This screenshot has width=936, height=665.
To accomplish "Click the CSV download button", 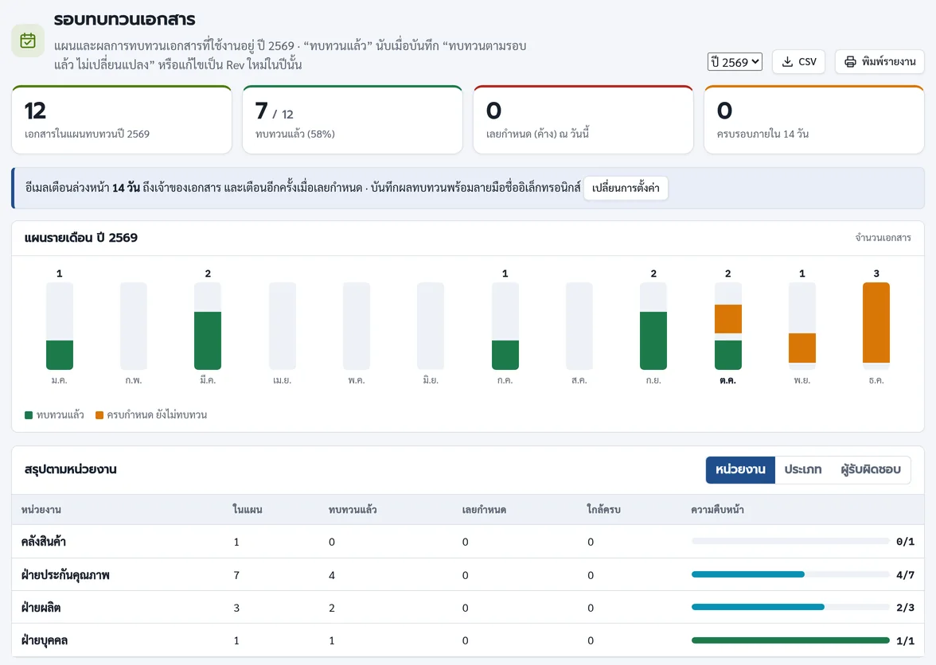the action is (x=799, y=62).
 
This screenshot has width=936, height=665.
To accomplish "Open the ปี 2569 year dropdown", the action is (x=735, y=62).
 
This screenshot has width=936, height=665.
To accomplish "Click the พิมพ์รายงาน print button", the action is (x=879, y=62).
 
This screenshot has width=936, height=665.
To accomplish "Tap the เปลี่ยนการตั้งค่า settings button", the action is (x=626, y=188).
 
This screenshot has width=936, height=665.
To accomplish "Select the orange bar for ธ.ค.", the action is (x=876, y=323).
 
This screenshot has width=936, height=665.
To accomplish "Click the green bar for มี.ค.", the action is (x=208, y=340).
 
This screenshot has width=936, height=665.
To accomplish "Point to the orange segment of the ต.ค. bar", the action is (x=727, y=319).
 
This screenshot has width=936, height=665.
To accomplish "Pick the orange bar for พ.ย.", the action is (x=801, y=348).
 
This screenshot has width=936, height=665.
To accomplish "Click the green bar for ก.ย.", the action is (x=653, y=340).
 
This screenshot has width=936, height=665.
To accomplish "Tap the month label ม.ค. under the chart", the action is (x=59, y=380).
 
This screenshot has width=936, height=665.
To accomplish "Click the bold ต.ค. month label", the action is (x=727, y=380).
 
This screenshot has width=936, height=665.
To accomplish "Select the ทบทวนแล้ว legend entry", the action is (x=54, y=415).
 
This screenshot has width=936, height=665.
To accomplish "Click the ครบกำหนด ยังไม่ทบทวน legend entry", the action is (x=151, y=415).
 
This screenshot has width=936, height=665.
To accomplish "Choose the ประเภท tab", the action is (x=803, y=469).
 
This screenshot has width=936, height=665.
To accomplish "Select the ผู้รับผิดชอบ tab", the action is (x=871, y=469).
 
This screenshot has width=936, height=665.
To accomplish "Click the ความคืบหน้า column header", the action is (x=718, y=510).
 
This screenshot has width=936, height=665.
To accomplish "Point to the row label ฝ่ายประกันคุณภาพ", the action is (x=65, y=575).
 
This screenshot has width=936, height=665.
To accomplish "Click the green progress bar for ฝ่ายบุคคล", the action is (x=790, y=640).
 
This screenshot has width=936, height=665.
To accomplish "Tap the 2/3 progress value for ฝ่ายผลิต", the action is (x=905, y=607).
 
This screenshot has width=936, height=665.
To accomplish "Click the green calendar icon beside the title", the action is (x=28, y=41).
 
